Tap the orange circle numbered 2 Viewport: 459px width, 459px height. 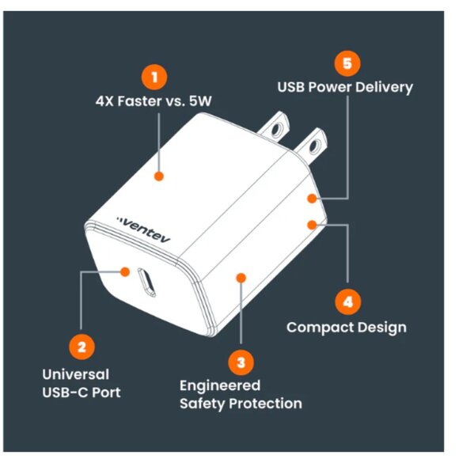pyautogui.click(x=82, y=346)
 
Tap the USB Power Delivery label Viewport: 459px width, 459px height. pyautogui.click(x=344, y=87)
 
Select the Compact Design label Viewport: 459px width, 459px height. pyautogui.click(x=346, y=327)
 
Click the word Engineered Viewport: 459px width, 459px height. pyautogui.click(x=220, y=385)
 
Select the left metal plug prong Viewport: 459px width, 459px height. pyautogui.click(x=279, y=125)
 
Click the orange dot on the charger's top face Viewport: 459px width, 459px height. pyautogui.click(x=159, y=177)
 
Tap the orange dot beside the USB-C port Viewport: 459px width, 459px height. pyautogui.click(x=125, y=272)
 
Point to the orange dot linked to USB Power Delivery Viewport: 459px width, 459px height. pyautogui.click(x=313, y=199)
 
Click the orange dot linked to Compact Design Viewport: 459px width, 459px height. pyautogui.click(x=313, y=225)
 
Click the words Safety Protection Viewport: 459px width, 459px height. pyautogui.click(x=241, y=404)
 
